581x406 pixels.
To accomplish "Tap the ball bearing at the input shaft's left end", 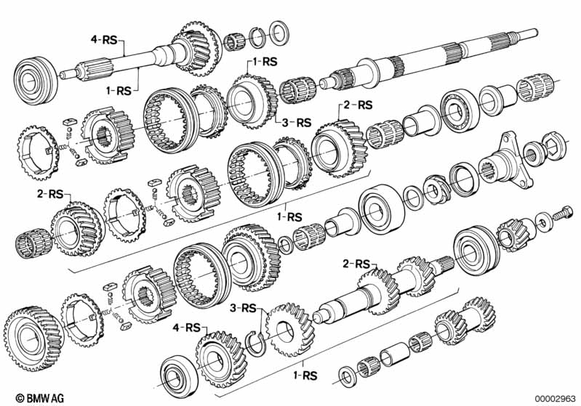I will click(35, 75).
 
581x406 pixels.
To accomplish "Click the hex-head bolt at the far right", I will click(563, 215).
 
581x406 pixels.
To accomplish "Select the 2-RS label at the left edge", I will click(50, 195).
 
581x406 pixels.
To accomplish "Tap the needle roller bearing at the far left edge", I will click(28, 240).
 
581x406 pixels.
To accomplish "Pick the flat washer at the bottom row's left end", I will click(348, 375).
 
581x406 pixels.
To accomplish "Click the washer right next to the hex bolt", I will click(541, 220).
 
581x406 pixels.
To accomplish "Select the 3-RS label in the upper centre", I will click(297, 122).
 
